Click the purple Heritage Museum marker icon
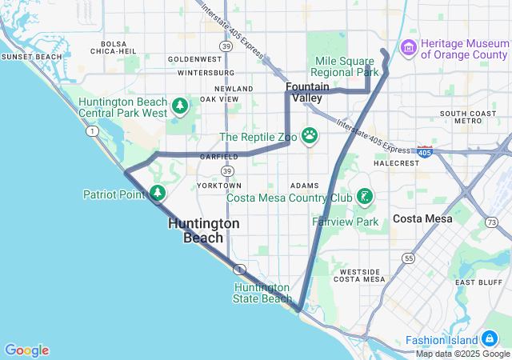coord(409,48)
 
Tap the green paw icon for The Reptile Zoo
coord(310,135)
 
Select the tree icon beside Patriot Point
coord(158,193)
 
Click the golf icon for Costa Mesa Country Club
coord(364,197)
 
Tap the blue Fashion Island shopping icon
coord(489,340)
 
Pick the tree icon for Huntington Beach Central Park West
coord(181,105)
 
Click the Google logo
coord(26,350)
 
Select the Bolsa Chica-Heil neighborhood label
coord(113,47)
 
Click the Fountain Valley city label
coord(308,92)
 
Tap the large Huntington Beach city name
coord(203,230)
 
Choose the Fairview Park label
coord(345,221)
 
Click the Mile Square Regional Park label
coord(345,66)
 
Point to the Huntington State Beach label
coord(262,293)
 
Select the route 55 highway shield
coord(409,258)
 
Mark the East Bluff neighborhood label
coord(478,282)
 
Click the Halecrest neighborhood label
coord(396,162)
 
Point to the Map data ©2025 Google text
coord(462,354)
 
